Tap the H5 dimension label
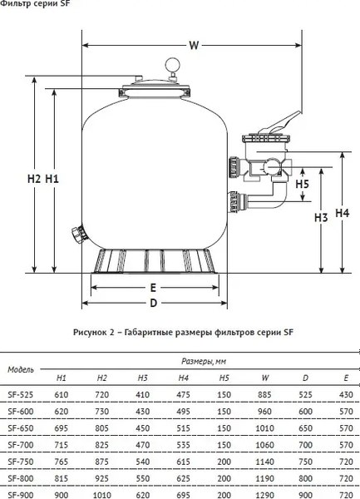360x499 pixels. tap(302, 184)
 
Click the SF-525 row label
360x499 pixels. tap(20, 393)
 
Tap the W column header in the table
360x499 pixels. tap(264, 378)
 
